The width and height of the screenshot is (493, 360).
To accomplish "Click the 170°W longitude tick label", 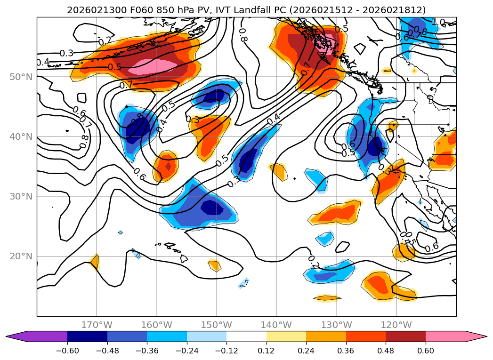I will (x=97, y=325).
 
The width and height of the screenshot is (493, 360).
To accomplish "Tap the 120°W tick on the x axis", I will (x=396, y=325).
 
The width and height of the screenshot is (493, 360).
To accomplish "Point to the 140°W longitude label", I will (x=276, y=325).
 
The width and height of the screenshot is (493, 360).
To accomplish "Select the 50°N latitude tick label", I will (x=20, y=77).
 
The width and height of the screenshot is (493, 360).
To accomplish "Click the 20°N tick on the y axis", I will (x=20, y=256).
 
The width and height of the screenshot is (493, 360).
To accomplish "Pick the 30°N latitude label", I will (x=20, y=197).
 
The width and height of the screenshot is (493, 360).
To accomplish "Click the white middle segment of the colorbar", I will (x=246, y=336).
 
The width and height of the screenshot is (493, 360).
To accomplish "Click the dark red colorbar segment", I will (x=405, y=336).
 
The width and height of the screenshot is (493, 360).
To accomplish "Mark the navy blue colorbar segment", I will (x=87, y=336).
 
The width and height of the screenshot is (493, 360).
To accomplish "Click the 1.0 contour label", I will (x=438, y=22).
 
